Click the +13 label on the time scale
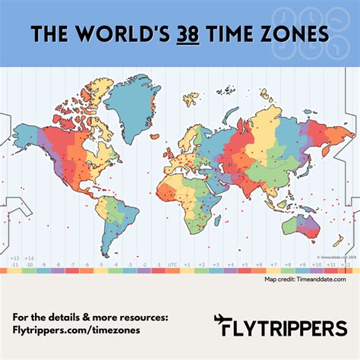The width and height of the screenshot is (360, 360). pyautogui.click(x=15, y=258)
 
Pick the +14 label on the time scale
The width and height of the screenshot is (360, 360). pyautogui.click(x=30, y=258)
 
